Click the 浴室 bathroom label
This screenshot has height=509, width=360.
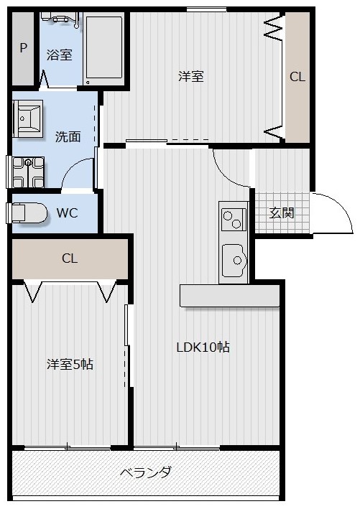(x=60, y=55)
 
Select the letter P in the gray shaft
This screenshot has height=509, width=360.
(x=23, y=48)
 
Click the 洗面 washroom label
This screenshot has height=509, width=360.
(x=68, y=136)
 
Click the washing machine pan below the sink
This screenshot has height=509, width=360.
(x=28, y=171)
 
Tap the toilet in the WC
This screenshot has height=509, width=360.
(x=26, y=213)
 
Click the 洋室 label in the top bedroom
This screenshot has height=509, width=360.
(x=191, y=77)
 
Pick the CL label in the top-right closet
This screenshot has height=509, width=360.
(x=297, y=78)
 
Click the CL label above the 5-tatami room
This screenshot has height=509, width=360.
(x=69, y=258)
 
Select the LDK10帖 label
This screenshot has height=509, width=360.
(x=203, y=347)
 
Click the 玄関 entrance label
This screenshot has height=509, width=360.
(x=281, y=213)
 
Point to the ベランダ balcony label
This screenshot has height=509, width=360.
(x=145, y=472)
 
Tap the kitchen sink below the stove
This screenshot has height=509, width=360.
(x=234, y=260)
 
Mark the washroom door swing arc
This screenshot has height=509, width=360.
(x=75, y=176)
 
